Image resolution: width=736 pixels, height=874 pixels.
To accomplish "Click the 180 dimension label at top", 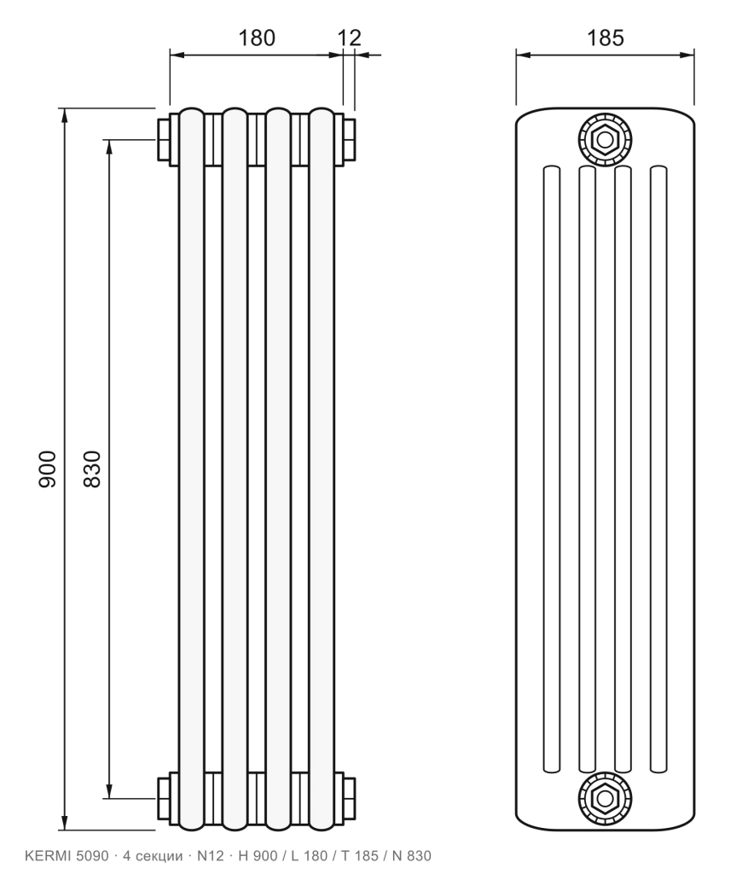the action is point(257,38).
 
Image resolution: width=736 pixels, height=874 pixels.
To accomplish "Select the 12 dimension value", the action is point(350,38).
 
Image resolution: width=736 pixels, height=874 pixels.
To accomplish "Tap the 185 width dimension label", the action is point(606,38).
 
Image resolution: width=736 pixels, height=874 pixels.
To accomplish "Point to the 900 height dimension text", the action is point(48,469).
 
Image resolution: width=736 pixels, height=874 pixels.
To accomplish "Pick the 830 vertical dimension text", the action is point(92,469).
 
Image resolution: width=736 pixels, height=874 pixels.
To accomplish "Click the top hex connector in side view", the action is point(605,139).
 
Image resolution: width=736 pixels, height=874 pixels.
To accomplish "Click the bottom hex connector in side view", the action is point(605,798).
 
